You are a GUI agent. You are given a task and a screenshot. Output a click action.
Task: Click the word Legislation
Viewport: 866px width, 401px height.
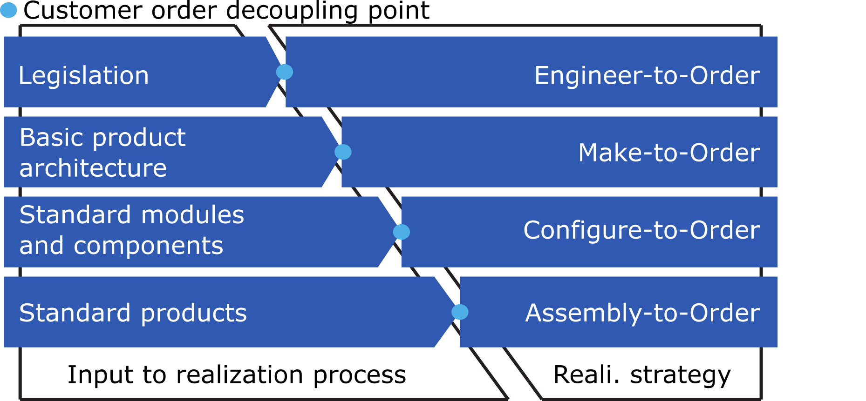tap(83, 76)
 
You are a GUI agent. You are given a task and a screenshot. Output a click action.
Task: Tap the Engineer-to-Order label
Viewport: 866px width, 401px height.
tap(647, 75)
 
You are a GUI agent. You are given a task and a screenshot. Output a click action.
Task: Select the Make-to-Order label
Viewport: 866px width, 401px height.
tap(668, 153)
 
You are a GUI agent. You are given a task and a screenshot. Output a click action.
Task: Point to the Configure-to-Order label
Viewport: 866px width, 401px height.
tap(641, 230)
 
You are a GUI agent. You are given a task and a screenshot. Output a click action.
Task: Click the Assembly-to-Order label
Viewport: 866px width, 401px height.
tap(642, 313)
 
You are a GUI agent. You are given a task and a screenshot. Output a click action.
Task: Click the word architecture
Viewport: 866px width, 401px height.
tap(93, 168)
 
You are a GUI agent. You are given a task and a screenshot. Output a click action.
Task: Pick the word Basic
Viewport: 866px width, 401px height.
tap(51, 138)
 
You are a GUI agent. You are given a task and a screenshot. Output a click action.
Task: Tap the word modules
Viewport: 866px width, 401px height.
tap(192, 215)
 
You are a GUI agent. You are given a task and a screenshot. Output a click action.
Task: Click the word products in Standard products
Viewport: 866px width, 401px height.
tap(194, 313)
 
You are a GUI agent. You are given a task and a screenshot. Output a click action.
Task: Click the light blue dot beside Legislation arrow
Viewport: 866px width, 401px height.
tap(285, 72)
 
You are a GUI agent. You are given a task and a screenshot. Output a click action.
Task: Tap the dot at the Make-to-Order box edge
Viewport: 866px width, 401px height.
tap(343, 152)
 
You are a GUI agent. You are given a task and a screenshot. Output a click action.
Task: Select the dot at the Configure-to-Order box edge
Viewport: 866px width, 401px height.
tap(402, 232)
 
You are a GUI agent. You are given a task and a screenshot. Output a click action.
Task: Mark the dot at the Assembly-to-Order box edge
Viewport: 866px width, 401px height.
tap(460, 312)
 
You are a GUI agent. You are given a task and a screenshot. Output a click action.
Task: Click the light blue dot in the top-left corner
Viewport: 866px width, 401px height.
tap(8, 10)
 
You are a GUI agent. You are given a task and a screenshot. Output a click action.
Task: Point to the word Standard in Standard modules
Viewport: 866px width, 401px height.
tap(75, 215)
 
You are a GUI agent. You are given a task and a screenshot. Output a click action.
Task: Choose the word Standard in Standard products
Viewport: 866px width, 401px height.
tap(75, 313)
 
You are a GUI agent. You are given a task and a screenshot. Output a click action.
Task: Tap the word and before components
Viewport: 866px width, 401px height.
tap(41, 246)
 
